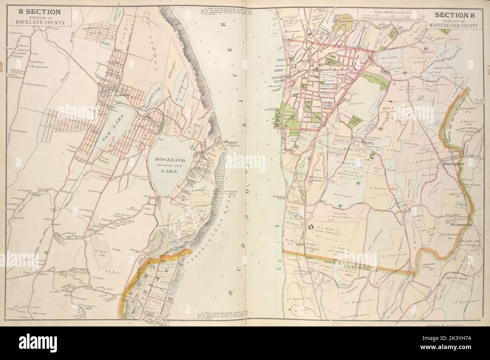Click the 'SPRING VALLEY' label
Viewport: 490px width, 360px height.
click(x=456, y=278)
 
